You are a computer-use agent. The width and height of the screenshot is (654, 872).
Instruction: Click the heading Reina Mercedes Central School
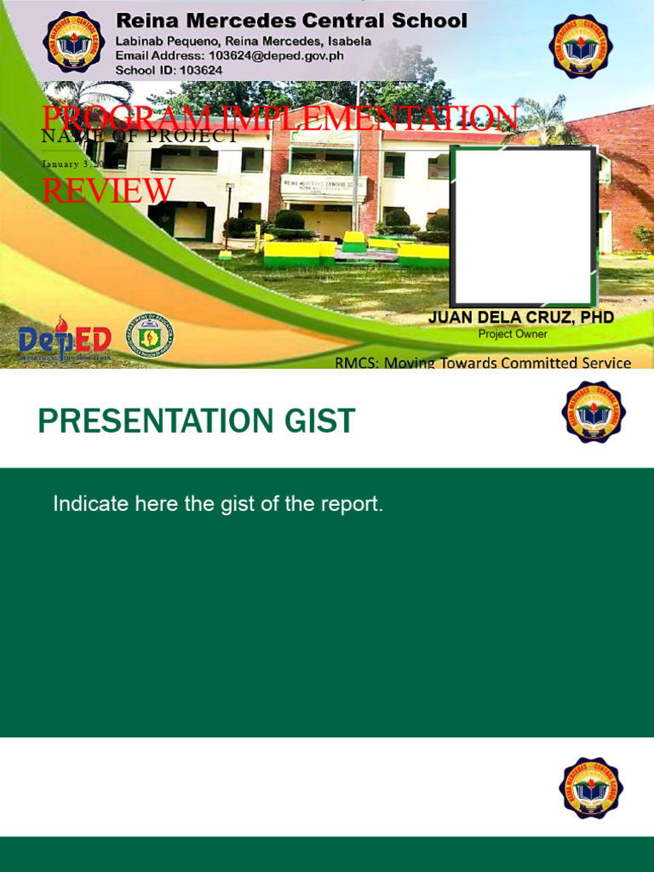[x=291, y=20]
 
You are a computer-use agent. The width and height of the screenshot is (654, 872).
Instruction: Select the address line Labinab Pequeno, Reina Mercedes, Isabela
[x=244, y=41]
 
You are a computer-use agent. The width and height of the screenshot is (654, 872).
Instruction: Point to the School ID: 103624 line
[x=169, y=70]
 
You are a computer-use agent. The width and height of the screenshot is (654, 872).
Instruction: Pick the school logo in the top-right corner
[x=580, y=47]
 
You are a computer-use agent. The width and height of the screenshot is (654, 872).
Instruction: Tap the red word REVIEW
[x=108, y=191]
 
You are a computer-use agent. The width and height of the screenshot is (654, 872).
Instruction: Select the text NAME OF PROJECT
[x=140, y=136]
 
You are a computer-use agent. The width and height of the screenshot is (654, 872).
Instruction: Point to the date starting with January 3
[x=73, y=163]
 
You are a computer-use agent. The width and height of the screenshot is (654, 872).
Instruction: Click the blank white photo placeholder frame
[x=523, y=225]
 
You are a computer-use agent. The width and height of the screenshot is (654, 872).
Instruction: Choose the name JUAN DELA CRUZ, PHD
[x=520, y=318]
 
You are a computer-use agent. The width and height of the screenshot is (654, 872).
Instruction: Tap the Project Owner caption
[x=513, y=335]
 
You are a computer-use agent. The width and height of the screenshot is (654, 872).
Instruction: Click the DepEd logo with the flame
[x=65, y=339]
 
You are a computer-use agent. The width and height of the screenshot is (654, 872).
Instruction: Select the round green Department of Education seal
[x=149, y=336]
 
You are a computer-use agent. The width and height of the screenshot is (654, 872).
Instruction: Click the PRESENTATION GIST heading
[x=196, y=422]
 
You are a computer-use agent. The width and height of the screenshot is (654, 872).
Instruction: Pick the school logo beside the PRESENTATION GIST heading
[x=593, y=411]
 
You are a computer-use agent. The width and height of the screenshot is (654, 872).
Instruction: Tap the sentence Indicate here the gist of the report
[x=218, y=503]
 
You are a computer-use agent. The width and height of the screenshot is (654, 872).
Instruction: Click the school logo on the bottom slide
[x=591, y=788]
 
